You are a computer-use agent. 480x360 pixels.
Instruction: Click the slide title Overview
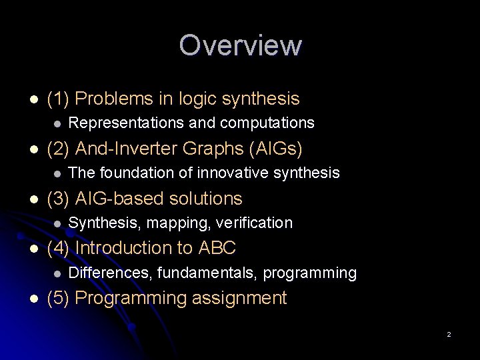coord(240,45)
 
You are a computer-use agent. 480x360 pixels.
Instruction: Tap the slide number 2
coord(449,334)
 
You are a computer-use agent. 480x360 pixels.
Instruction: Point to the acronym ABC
coord(217,249)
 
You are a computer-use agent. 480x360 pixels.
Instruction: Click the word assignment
coord(241,299)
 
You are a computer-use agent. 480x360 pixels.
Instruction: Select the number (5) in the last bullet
coord(58,298)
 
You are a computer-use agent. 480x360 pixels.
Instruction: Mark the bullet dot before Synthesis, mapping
coord(58,223)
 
